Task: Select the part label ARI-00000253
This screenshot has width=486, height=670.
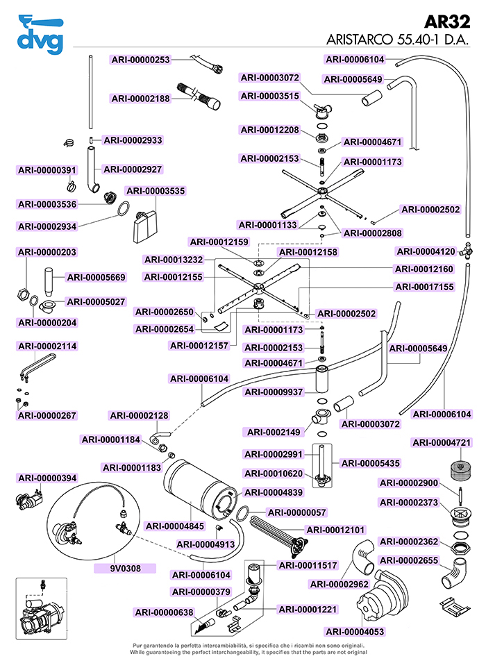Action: (x=140, y=60)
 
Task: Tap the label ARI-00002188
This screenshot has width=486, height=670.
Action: (x=140, y=99)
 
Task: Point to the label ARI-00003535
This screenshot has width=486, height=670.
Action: (x=156, y=190)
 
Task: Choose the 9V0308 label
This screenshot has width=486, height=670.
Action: (x=125, y=568)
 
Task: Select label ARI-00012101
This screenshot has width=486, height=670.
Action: (x=335, y=530)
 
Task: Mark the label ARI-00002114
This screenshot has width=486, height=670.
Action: (x=47, y=346)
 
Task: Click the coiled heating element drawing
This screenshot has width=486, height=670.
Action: (x=278, y=531)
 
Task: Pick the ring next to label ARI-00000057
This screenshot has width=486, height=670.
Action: (x=244, y=513)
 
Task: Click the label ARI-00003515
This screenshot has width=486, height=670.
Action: (x=270, y=96)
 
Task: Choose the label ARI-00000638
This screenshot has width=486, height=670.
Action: (x=164, y=612)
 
